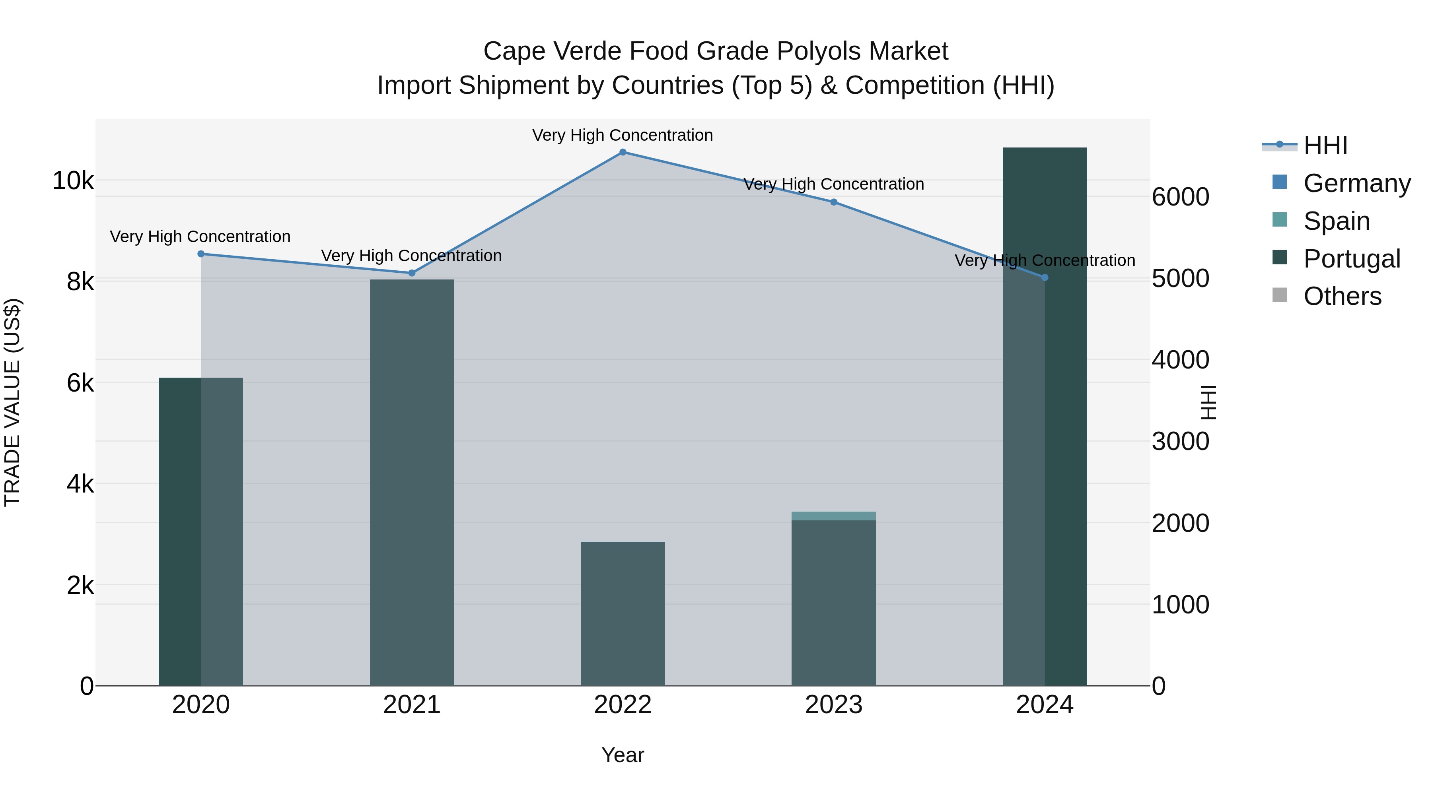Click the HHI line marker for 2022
click(623, 152)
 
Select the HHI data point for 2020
click(201, 254)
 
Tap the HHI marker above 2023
click(834, 202)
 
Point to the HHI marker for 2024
click(1045, 277)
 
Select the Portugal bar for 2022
click(623, 613)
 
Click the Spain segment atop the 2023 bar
click(834, 516)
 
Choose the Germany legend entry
click(1356, 183)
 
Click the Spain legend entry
click(1337, 221)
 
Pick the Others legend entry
click(1342, 296)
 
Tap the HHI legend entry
click(1325, 145)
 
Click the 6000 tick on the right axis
click(1180, 197)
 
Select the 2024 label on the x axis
click(1045, 705)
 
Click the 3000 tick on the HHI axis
click(1180, 442)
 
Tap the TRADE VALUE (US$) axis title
click(12, 402)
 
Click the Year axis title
click(623, 755)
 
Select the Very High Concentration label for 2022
click(623, 136)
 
